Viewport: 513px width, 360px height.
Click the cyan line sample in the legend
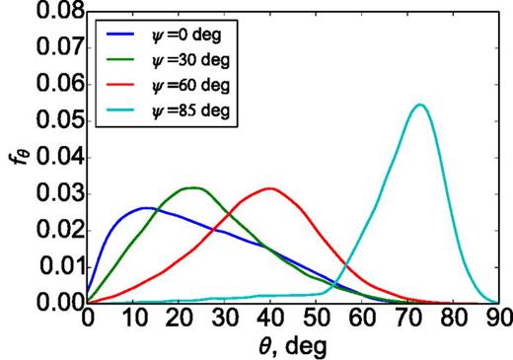coord(125,109)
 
